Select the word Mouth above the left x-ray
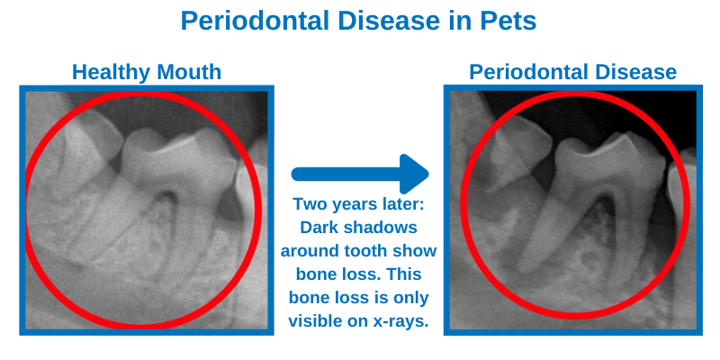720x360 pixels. click(x=191, y=72)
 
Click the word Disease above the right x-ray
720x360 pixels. click(x=633, y=72)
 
